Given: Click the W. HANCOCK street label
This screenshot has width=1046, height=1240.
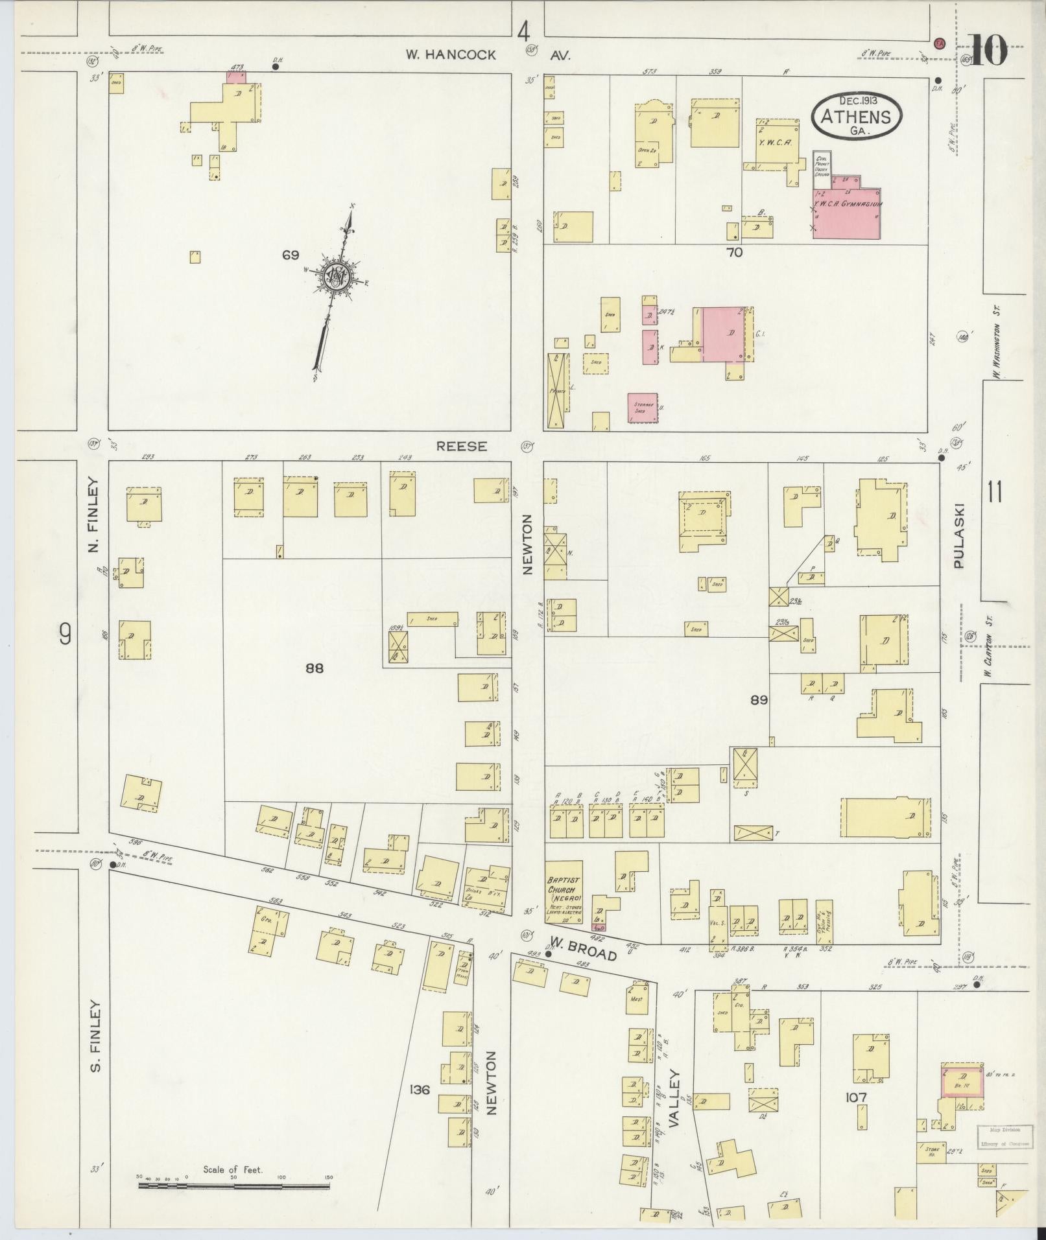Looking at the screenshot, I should point(451,55).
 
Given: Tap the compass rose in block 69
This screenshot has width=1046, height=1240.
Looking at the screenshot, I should point(337,277).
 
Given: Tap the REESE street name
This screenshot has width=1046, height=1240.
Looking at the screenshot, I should point(461,447).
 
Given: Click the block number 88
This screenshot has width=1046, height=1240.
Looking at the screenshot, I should point(315,668).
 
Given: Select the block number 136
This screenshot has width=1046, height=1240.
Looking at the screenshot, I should point(420,1089).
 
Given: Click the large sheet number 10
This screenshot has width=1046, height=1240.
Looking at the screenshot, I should point(990,51).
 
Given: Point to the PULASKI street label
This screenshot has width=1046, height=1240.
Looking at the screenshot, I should point(959,535).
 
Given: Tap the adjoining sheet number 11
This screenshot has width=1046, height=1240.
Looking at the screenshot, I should point(995,493).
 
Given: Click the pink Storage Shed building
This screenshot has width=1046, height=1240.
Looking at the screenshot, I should point(643,408).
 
